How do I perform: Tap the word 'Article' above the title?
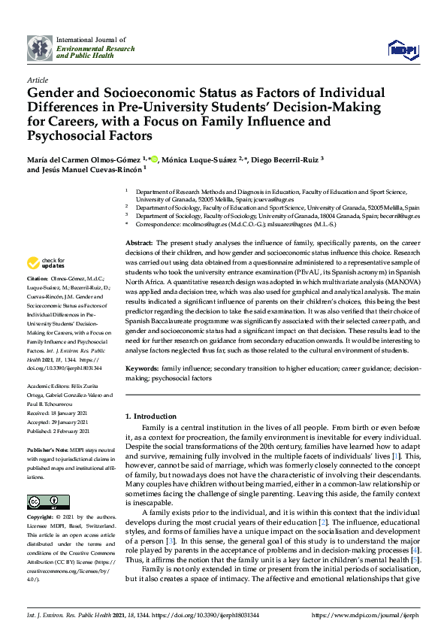coord(37,79)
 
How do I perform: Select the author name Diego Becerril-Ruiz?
coord(286,159)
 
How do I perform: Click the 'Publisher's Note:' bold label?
coord(48,427)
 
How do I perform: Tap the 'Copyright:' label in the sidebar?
coord(42,497)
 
